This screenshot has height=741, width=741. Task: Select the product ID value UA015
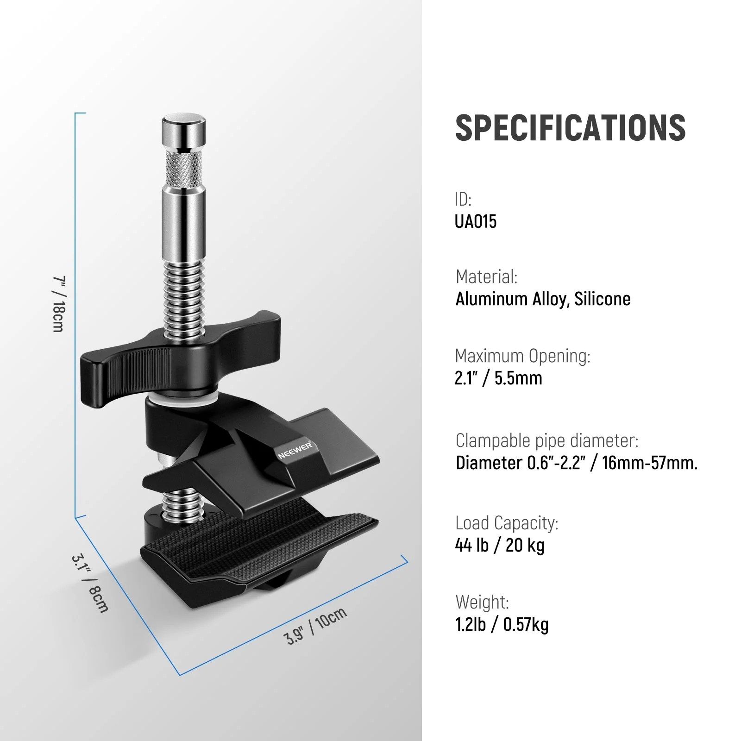coord(475,221)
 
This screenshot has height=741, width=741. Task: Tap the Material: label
coord(486,276)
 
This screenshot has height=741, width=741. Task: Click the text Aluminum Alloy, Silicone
coord(543,299)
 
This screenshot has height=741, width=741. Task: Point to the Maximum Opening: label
coord(522,356)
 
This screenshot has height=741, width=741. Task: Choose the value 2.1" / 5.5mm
coord(498,378)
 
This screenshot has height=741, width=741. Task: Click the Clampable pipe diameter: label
coord(546,440)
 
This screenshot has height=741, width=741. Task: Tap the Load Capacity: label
coord(507,523)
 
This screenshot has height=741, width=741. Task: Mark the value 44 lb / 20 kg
coord(499,546)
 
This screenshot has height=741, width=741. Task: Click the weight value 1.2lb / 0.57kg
coord(502,625)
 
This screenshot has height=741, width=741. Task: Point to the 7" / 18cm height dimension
coord(58,304)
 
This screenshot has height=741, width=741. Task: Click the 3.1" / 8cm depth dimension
coord(90,583)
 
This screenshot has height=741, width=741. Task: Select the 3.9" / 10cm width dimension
coord(315,625)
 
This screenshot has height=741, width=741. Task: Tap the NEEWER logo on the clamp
coord(295,450)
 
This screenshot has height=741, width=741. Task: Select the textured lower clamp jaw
coord(259,546)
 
